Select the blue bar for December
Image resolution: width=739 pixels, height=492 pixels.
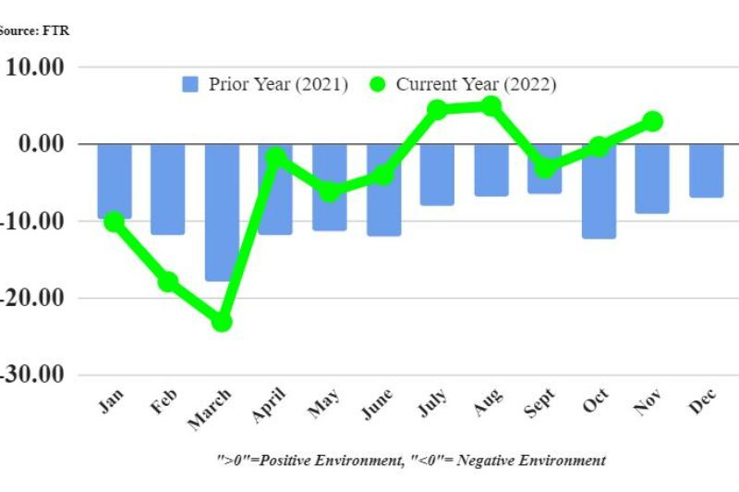[707, 170]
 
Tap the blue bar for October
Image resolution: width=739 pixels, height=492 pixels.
[599, 191]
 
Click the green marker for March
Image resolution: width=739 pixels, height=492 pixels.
[222, 322]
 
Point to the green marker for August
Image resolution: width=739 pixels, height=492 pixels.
[491, 106]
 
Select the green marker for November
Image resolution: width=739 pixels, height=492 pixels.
[652, 121]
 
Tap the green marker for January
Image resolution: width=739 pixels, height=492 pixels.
[114, 222]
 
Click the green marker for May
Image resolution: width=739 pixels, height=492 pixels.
[329, 192]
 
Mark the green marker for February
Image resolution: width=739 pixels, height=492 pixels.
[168, 282]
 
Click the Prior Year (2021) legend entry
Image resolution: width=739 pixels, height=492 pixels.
[265, 84]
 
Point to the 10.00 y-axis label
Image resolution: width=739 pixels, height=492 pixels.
[34, 67]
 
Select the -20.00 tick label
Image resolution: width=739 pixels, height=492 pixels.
[31, 298]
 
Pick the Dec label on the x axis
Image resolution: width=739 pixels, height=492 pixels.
[706, 404]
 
